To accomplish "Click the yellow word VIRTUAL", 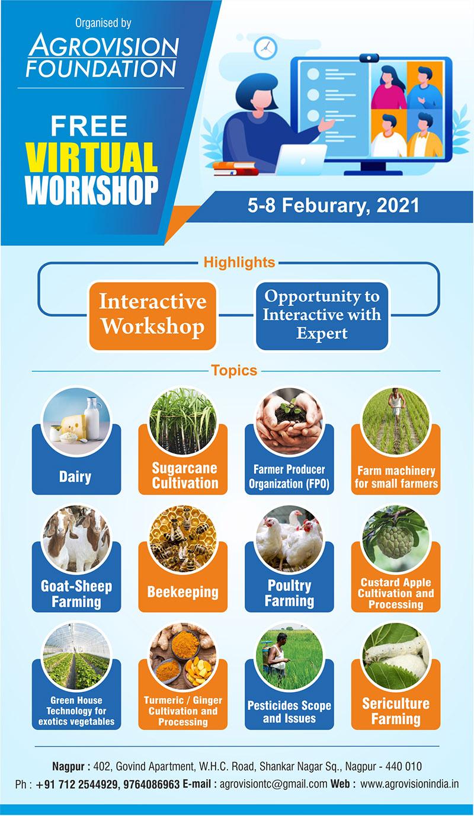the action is click(x=91, y=158).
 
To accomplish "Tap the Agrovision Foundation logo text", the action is click(x=103, y=55).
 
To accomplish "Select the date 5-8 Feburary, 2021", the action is click(x=333, y=206).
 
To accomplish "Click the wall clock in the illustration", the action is click(x=265, y=48).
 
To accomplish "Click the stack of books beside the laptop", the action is click(x=236, y=169).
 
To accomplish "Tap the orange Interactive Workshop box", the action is click(x=153, y=315).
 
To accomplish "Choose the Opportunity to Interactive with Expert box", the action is click(x=322, y=315).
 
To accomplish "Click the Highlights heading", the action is click(x=239, y=263).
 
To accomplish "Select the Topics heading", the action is click(x=234, y=370).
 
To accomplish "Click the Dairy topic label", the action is click(x=75, y=476).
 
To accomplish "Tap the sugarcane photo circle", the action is click(x=183, y=421).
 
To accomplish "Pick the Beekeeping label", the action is click(x=183, y=592).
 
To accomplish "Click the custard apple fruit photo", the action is click(x=396, y=539).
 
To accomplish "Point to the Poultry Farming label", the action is click(x=289, y=593).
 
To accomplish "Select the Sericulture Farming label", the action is click(x=396, y=711).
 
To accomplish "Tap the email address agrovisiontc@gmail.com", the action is click(x=273, y=783).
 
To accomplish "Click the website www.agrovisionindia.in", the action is click(x=409, y=783).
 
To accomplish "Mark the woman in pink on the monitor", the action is click(x=388, y=88).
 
